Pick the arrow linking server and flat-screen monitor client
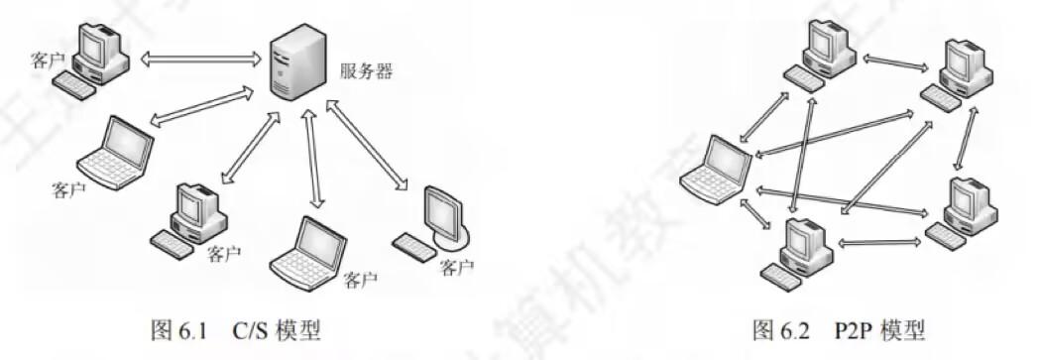pos(367,144)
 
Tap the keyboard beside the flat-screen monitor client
pos(413,242)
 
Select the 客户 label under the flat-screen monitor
pos(456,267)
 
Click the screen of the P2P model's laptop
pos(728,160)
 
